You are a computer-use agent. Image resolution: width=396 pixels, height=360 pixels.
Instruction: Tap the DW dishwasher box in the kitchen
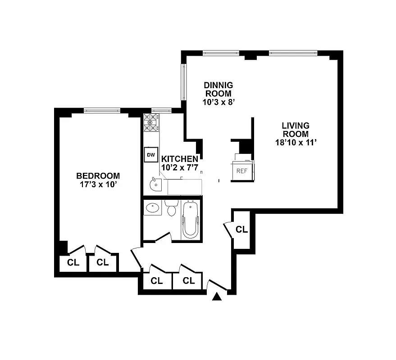pyautogui.click(x=150, y=155)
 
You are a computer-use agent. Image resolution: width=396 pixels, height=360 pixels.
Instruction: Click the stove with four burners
pyautogui.click(x=150, y=123)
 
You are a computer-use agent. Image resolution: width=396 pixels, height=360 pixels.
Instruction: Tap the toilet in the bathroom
pyautogui.click(x=171, y=209)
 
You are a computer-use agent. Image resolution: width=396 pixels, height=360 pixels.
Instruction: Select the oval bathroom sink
pyautogui.click(x=153, y=208)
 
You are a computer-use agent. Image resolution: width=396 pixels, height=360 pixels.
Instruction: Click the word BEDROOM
pyautogui.click(x=98, y=176)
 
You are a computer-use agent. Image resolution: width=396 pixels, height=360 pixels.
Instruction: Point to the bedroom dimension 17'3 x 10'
pyautogui.click(x=98, y=184)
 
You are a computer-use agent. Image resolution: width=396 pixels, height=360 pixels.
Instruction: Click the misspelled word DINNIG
pyautogui.click(x=218, y=85)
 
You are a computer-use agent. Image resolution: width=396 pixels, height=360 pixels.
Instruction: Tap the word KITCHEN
pyautogui.click(x=179, y=159)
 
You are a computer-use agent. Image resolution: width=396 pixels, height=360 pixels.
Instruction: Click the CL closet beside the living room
pyautogui.click(x=242, y=229)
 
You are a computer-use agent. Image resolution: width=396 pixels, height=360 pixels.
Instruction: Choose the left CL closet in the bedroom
pyautogui.click(x=73, y=262)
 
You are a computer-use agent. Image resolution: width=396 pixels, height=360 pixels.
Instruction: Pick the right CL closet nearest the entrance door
pyautogui.click(x=189, y=281)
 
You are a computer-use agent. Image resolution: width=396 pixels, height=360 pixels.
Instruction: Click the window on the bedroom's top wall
pyautogui.click(x=102, y=110)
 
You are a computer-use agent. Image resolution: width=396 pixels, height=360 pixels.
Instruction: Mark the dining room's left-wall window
pyautogui.click(x=183, y=82)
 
